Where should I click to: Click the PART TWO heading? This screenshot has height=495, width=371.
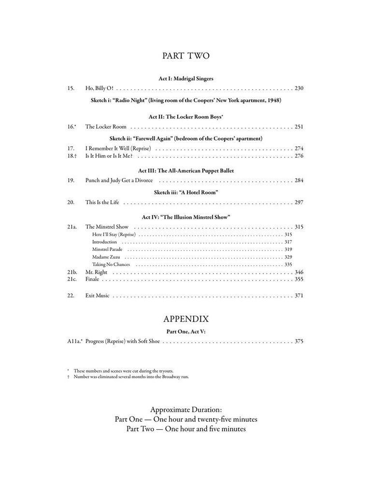186,56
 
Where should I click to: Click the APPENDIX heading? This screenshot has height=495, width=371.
186,319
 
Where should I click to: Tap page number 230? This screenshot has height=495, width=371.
299,88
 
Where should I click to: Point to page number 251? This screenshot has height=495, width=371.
299,127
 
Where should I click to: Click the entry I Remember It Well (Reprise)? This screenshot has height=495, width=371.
118,148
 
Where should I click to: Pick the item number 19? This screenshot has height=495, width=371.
71,180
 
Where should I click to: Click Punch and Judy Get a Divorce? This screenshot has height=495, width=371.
119,180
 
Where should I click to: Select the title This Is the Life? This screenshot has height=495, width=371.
102,202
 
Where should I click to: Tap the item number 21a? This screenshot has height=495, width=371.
72,227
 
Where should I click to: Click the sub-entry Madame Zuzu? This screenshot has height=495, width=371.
106,257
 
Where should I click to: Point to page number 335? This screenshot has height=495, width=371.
288,264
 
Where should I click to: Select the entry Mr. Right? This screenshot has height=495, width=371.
96,272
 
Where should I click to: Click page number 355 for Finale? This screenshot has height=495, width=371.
299,279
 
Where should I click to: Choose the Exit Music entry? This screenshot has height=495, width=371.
97,295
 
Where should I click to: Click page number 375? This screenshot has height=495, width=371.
299,341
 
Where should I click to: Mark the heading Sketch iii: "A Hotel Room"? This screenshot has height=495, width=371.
186,192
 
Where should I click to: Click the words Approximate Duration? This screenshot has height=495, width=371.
186,409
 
